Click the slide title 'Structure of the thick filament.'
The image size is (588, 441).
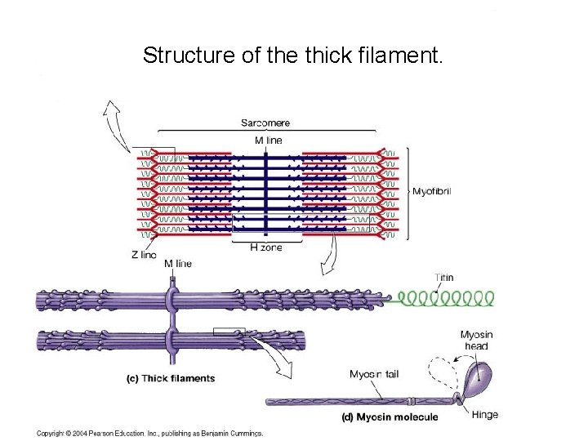[293, 56]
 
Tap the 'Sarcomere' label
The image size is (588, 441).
[265, 123]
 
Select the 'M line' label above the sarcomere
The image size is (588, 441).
[268, 140]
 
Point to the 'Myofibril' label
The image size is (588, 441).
[431, 192]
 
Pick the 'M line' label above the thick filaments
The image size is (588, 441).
[178, 264]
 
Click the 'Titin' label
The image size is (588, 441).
[444, 278]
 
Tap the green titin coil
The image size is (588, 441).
[445, 298]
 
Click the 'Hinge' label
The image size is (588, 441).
[484, 415]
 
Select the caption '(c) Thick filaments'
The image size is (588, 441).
[171, 378]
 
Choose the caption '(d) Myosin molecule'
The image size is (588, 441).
[389, 417]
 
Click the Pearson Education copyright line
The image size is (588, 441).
[149, 433]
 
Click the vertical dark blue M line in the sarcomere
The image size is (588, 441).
[266, 192]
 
